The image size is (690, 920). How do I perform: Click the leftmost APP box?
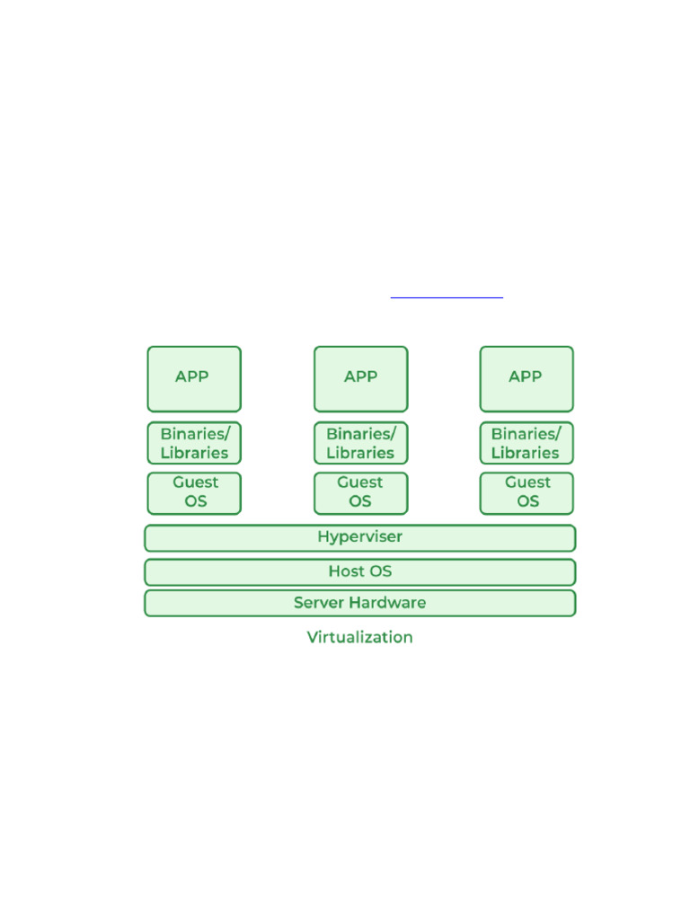[x=194, y=379]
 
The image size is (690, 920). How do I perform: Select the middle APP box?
[x=361, y=379]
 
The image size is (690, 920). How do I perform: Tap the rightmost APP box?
[x=526, y=379]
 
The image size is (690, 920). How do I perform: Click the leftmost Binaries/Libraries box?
[x=194, y=443]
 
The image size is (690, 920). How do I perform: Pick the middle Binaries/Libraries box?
[x=361, y=443]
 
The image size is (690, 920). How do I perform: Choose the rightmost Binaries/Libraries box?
[x=526, y=443]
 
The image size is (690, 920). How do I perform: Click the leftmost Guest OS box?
[x=194, y=493]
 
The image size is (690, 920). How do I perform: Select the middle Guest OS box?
[x=361, y=493]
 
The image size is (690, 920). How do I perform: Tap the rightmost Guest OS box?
[x=526, y=493]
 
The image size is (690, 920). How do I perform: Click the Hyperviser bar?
[x=360, y=538]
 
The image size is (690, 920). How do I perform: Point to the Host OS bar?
[x=360, y=572]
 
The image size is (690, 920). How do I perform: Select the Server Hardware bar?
[x=360, y=603]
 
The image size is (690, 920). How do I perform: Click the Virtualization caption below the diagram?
[x=359, y=637]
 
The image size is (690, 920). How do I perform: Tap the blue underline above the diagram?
[x=447, y=297]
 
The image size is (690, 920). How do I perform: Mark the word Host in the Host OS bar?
[x=346, y=571]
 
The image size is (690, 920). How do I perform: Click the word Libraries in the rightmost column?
[x=525, y=453]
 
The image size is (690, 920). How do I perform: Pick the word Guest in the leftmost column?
[x=195, y=482]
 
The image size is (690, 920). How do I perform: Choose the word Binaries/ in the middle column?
[x=361, y=434]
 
